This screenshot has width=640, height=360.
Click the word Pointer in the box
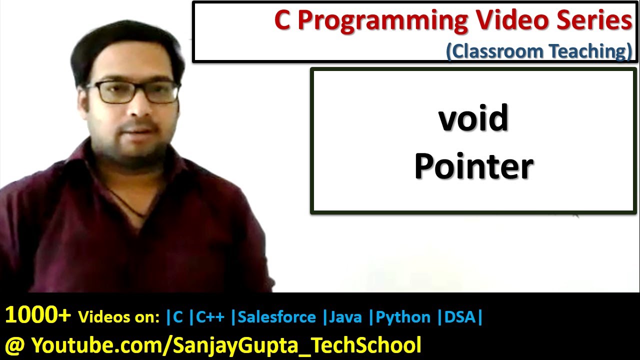[473, 166]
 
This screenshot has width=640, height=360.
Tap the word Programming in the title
[383, 21]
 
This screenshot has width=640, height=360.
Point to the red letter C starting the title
[282, 21]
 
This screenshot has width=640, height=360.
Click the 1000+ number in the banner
[38, 315]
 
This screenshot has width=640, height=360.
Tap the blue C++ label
[209, 317]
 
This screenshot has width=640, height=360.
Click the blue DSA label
[460, 317]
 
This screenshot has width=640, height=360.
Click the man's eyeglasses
[133, 91]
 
